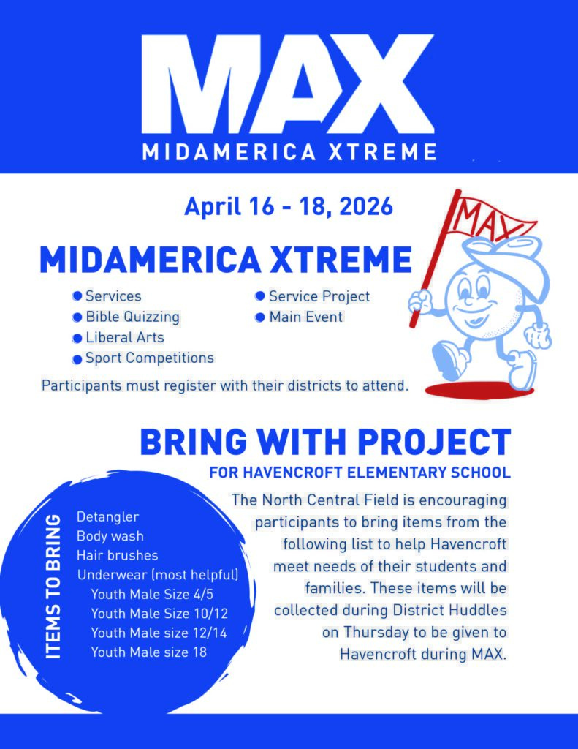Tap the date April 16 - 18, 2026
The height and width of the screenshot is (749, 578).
pos(289,206)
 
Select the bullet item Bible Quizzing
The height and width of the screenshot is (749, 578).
pos(132,317)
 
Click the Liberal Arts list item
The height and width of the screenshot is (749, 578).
pos(124,338)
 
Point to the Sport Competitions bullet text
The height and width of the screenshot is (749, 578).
pos(149,358)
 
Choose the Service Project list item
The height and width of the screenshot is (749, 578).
pos(319,296)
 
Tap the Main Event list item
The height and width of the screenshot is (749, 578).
pos(305,317)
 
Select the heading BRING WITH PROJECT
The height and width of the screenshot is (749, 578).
pos(324,443)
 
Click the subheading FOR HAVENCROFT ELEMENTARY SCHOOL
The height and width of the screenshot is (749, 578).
pos(360,473)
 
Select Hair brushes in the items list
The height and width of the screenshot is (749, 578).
pos(117,556)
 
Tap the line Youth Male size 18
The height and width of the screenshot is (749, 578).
pos(148,652)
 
